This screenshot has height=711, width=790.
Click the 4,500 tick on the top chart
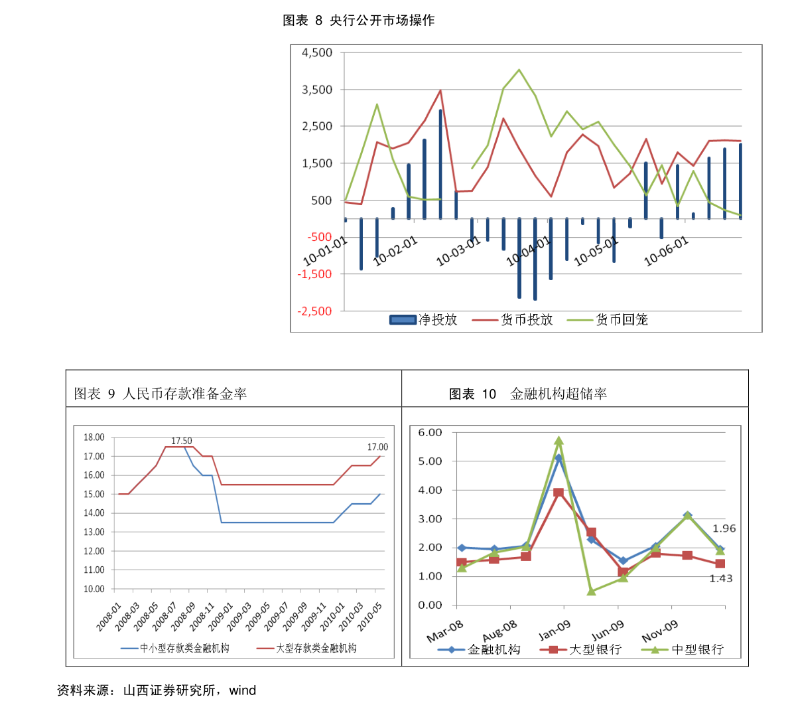317,53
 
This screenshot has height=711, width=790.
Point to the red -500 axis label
319,237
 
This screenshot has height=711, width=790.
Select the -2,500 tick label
315,311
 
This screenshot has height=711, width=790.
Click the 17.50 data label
182,441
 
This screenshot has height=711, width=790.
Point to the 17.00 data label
377,447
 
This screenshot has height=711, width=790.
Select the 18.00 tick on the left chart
94,437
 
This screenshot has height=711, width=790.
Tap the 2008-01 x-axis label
109,617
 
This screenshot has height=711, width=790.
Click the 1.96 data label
724,528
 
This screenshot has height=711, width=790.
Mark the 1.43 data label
721,578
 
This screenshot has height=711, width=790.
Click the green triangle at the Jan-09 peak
559,441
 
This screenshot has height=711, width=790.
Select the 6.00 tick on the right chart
430,433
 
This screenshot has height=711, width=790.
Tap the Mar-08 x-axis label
445,631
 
